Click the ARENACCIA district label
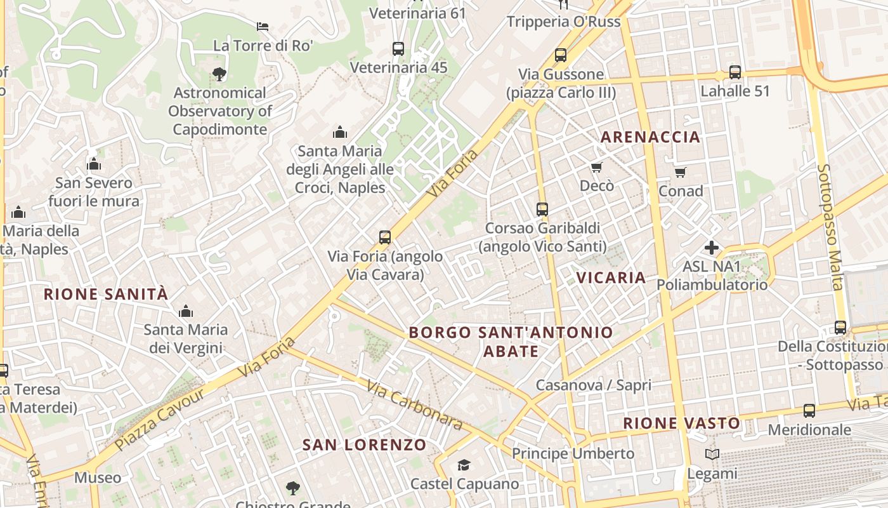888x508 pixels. pos(650,137)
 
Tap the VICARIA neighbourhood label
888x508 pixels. pos(611,277)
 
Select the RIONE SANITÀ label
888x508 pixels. pos(106,294)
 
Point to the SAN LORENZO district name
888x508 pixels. pos(364,444)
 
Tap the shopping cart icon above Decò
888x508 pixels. pos(596,168)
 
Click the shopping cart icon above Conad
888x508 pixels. pos(681,172)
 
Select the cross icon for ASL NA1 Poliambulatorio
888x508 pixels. pos(712,247)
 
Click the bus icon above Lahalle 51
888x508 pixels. pos(735,72)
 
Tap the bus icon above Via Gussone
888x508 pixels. pos(561,55)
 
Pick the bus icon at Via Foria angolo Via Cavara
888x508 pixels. pos(384,237)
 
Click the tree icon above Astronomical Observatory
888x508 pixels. pos(219,74)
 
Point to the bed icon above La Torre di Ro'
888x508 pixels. pos(263,27)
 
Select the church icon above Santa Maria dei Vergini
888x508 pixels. pos(185,311)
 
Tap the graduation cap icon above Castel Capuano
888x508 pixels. pos(464,465)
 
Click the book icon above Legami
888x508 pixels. pos(712,455)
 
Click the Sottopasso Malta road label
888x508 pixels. pos(831,227)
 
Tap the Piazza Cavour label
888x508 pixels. pos(160,419)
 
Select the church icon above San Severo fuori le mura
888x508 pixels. pos(94,164)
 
